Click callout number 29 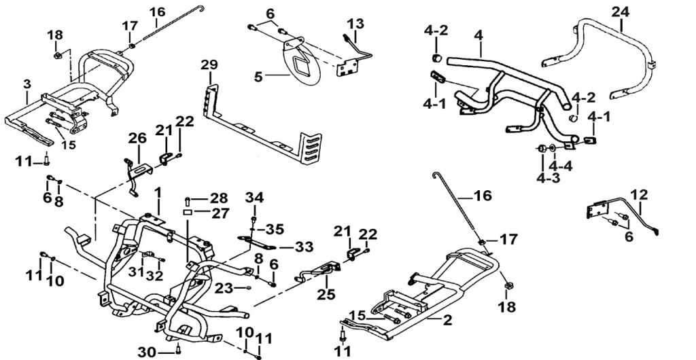[x=209, y=65]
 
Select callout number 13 [x=357, y=22]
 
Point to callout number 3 [x=27, y=84]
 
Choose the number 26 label [x=138, y=139]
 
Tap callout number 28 [x=218, y=198]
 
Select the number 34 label [x=254, y=198]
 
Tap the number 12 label [x=639, y=194]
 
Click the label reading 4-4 [x=561, y=165]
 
